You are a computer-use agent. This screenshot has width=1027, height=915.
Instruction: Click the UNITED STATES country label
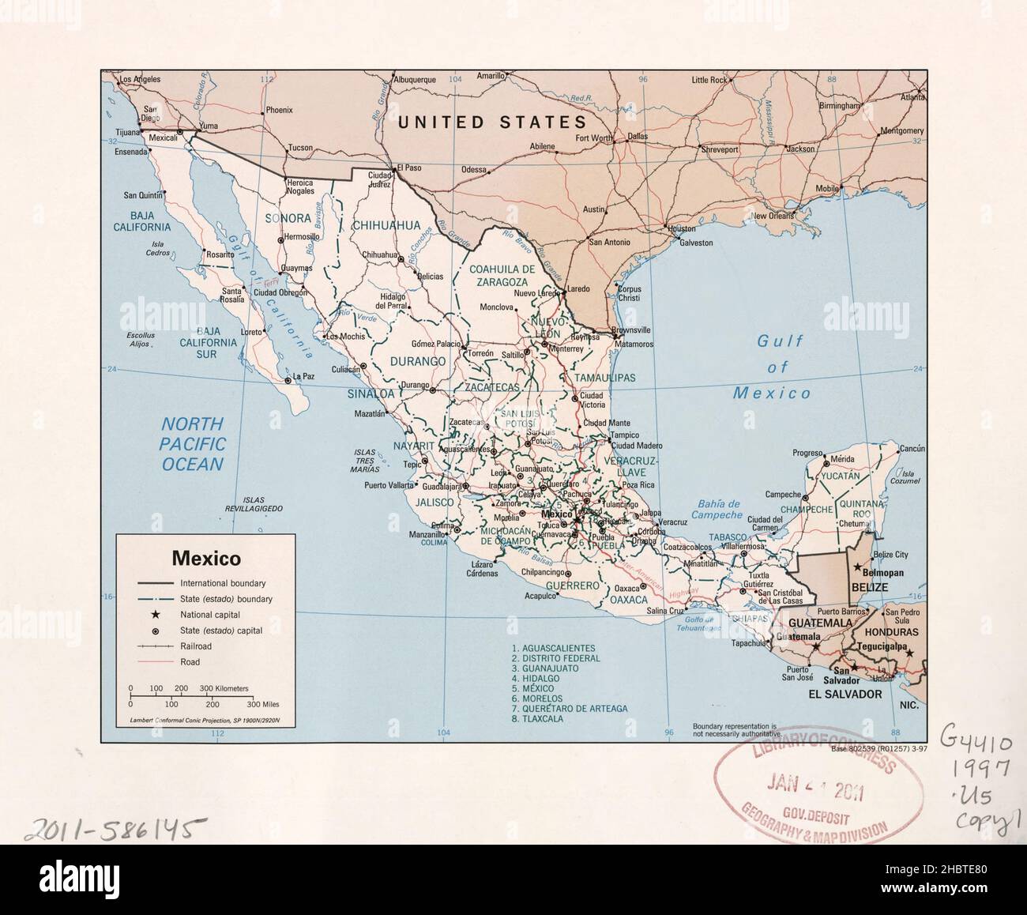[x=492, y=122]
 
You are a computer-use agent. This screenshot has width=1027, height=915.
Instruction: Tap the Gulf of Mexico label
[x=778, y=367]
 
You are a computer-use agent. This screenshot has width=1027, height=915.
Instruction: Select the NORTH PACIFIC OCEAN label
[x=194, y=444]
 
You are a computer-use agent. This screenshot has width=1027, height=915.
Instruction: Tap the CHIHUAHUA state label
[x=386, y=225]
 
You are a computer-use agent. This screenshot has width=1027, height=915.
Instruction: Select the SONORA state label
[x=288, y=217]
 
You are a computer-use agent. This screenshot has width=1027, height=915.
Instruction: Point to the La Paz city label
[x=304, y=376]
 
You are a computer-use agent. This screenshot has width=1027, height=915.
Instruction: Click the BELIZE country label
[x=869, y=588]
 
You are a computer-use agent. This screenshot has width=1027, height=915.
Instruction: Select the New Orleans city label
[x=773, y=216]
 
